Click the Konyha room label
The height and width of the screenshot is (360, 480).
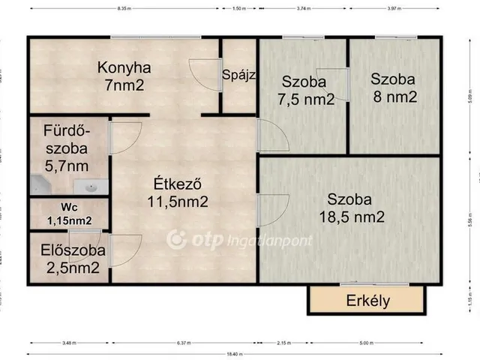(124, 76)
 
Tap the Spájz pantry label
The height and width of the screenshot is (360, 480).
(238, 75)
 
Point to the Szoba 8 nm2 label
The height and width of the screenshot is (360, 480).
(393, 87)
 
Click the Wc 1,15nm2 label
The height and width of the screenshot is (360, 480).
(70, 213)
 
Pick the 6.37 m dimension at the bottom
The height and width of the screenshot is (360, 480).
(184, 343)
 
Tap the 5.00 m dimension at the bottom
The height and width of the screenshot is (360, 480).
(366, 343)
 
